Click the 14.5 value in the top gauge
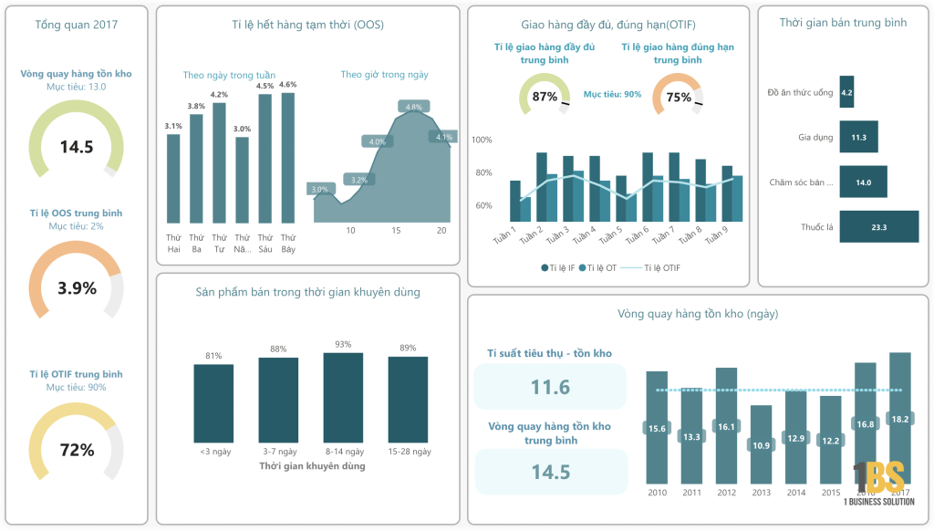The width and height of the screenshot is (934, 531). coord(77,147)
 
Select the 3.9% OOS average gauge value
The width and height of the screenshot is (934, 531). coord(77,288)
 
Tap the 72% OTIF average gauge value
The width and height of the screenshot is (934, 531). coord(77,450)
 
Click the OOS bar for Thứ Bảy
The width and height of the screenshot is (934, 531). coord(287,157)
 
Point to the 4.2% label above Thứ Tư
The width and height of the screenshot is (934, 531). coord(219,95)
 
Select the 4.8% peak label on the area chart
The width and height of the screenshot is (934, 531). coord(414,107)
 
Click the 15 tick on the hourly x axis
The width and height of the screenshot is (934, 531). coord(396,231)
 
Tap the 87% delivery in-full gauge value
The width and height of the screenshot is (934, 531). coord(545,97)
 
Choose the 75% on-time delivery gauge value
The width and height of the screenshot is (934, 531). coord(679,98)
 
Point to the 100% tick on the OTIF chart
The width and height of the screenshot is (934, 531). coord(482,140)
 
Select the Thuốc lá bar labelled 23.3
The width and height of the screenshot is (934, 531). coord(878,226)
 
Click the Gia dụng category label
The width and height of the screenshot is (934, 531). coord(815,138)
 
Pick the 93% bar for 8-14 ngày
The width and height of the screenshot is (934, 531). coord(343,398)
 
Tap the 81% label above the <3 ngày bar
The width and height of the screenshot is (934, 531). coord(213,356)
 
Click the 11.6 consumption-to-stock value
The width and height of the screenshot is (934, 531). coord(550,387)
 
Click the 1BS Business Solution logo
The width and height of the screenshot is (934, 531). coord(878,484)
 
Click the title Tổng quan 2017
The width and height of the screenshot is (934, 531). coord(77,25)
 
